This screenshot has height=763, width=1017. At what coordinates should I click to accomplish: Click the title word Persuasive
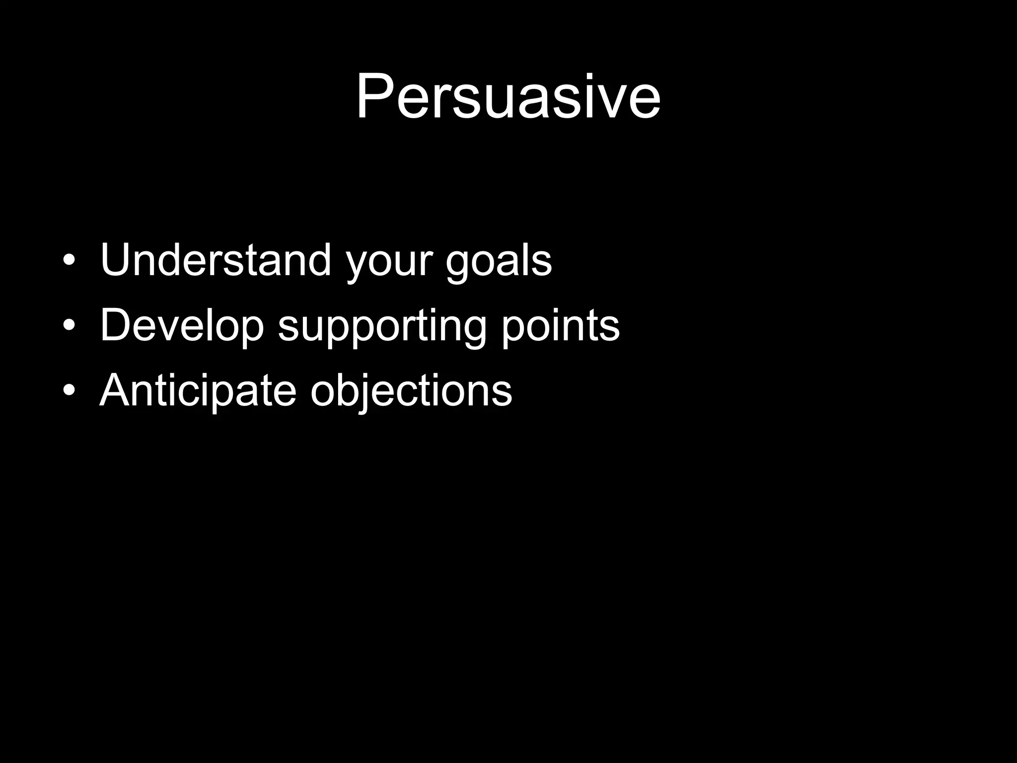508,97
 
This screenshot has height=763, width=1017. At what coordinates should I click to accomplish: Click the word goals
499,263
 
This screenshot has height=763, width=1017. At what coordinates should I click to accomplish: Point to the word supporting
382,328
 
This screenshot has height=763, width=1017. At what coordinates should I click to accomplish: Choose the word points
560,328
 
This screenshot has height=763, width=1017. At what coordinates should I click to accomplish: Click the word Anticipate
198,391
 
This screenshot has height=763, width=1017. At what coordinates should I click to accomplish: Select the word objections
411,392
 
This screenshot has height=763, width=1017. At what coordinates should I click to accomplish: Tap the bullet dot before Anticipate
69,390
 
